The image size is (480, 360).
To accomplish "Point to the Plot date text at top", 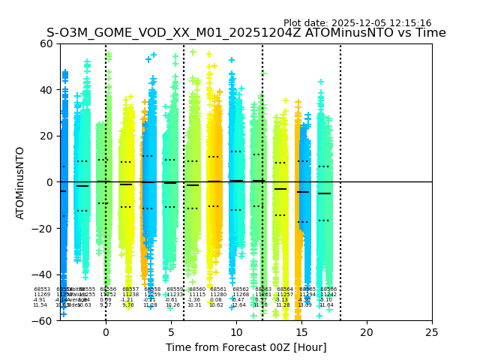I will pos(357,23).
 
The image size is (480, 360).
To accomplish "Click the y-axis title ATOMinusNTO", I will pos(20,182).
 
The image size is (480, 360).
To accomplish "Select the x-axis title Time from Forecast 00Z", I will pos(246,347).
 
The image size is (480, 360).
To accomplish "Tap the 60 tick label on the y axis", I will pos(46,43).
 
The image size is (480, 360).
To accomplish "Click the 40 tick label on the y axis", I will pos(46,90).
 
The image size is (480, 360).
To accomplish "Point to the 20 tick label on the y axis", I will pos(46,136).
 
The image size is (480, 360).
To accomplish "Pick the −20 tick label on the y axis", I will pos(43,228).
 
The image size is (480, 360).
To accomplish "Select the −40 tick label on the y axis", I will pos(43,274).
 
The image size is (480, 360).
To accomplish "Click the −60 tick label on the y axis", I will pos(43,320).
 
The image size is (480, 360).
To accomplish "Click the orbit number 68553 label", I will pos(42,289).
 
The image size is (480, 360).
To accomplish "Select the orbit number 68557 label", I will pos(130,289).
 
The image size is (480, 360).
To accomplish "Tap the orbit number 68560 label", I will pos(197,289).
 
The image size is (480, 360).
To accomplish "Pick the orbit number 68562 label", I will pos(241,289).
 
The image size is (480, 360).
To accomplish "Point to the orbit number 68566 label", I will pos(328,289).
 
